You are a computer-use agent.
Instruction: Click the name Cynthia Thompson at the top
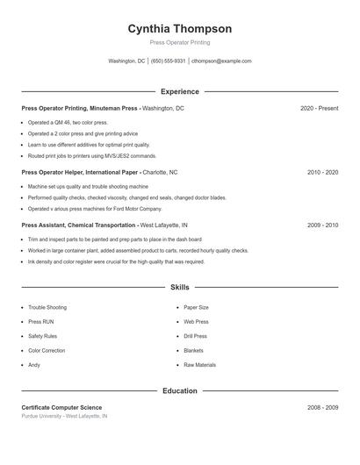point(180,29)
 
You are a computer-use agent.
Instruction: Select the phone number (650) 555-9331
point(168,61)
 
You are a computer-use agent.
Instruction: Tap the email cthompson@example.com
point(221,61)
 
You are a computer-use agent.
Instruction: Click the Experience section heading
point(180,91)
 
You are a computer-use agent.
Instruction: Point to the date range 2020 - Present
point(319,108)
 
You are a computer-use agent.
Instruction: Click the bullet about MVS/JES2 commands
point(92,156)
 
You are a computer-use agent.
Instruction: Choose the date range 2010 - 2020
point(322,173)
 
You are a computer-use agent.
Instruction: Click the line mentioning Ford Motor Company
point(95,210)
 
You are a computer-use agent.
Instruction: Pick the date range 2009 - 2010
point(322,225)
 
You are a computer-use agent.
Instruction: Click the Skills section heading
point(180,287)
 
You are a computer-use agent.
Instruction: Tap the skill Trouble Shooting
point(47,308)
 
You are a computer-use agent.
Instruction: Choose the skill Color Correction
point(47,351)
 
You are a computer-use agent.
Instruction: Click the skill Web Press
point(196,322)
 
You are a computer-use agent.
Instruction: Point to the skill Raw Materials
point(199,365)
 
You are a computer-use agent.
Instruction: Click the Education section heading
point(180,390)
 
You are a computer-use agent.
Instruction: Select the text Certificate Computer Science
point(61,408)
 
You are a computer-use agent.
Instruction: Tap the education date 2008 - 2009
point(322,408)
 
